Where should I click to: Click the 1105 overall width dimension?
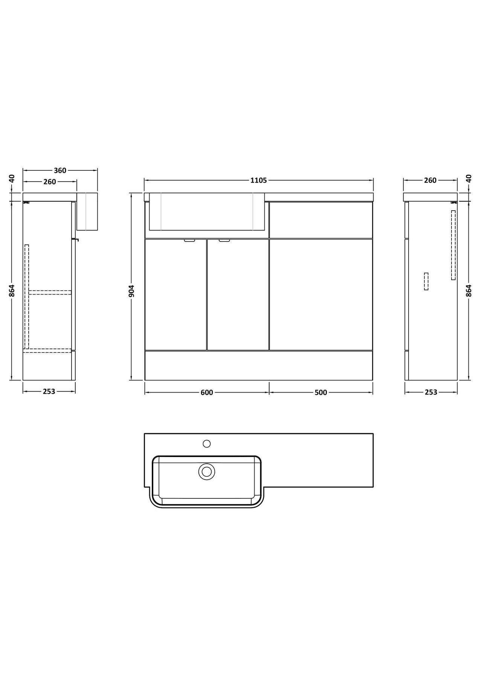259,180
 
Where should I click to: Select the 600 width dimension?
207,393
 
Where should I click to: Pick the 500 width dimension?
321,393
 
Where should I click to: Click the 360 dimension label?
60,170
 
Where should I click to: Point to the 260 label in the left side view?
50,182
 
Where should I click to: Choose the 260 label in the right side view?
430,180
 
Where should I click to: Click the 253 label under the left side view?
49,392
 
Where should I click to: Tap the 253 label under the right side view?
431,392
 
